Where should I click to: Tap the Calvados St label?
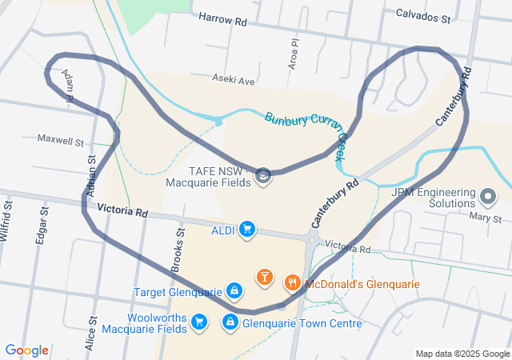click(x=423, y=14)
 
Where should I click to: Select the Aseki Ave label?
click(x=233, y=80)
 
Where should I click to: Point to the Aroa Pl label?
click(x=294, y=53)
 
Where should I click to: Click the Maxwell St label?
click(x=61, y=139)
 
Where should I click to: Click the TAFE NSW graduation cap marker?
click(x=263, y=175)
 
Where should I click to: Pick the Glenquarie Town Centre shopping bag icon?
click(x=230, y=322)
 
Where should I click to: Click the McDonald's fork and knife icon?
click(x=292, y=282)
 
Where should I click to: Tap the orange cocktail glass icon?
click(x=264, y=278)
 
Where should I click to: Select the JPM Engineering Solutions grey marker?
click(x=489, y=195)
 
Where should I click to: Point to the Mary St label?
click(x=486, y=218)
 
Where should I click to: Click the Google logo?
click(x=26, y=350)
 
